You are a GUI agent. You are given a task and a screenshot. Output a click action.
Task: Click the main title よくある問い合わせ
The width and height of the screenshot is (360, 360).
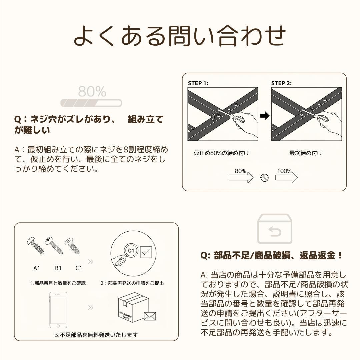pos(180,36)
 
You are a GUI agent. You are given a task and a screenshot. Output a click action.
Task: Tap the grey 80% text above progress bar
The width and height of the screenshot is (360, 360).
pos(92,91)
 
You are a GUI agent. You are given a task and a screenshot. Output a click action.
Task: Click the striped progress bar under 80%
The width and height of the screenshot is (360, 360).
pos(91,103)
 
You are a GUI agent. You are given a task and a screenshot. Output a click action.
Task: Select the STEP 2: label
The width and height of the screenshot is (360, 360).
pos(281,83)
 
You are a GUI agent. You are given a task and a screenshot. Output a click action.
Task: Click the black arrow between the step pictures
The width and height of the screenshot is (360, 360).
pos(264,116)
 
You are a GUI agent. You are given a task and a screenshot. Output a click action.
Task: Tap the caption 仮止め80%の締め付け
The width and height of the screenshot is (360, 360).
pos(222,153)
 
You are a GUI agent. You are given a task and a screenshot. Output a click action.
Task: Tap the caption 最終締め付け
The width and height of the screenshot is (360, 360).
pos(306,153)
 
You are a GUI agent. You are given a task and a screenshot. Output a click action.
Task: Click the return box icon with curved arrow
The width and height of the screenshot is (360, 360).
pos(275,229)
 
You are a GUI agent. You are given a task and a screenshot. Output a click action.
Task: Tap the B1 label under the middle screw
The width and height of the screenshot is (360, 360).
pos(58,268)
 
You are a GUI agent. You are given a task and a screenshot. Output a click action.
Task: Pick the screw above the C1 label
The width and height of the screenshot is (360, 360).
pos(73,246)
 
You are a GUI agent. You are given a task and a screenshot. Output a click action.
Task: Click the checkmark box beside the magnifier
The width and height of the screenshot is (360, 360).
pos(146,252)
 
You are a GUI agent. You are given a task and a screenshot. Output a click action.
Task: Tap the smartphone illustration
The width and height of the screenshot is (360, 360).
pos(58,310)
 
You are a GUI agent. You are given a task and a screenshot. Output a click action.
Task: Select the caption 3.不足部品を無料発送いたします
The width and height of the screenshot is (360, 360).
pos(96,334)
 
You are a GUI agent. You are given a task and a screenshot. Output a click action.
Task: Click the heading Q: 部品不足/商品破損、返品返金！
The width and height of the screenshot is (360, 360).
pos(271,256)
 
